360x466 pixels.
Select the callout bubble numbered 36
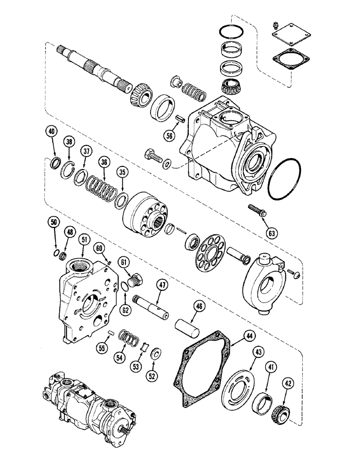[x=104, y=162]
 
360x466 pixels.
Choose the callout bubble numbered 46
[x=199, y=306]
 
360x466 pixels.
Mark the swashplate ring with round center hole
[x=262, y=281]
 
